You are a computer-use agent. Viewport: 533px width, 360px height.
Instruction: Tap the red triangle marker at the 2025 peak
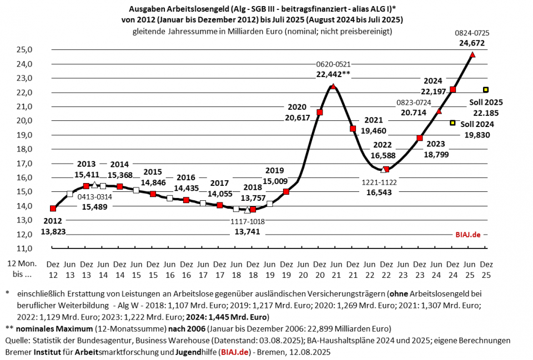tap(472, 54)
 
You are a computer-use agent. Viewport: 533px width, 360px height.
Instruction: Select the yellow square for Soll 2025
tap(486, 90)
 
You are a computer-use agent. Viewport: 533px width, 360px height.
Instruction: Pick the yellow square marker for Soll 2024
tap(452, 123)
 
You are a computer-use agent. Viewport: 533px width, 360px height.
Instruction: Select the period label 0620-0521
tap(333, 64)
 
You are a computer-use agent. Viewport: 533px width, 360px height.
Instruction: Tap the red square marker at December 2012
tap(53, 209)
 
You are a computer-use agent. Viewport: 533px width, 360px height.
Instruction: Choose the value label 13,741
tap(248, 231)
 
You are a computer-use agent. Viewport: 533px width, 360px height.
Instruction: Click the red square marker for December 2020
tap(319, 113)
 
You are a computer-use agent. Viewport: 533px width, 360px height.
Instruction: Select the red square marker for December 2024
tap(453, 89)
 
